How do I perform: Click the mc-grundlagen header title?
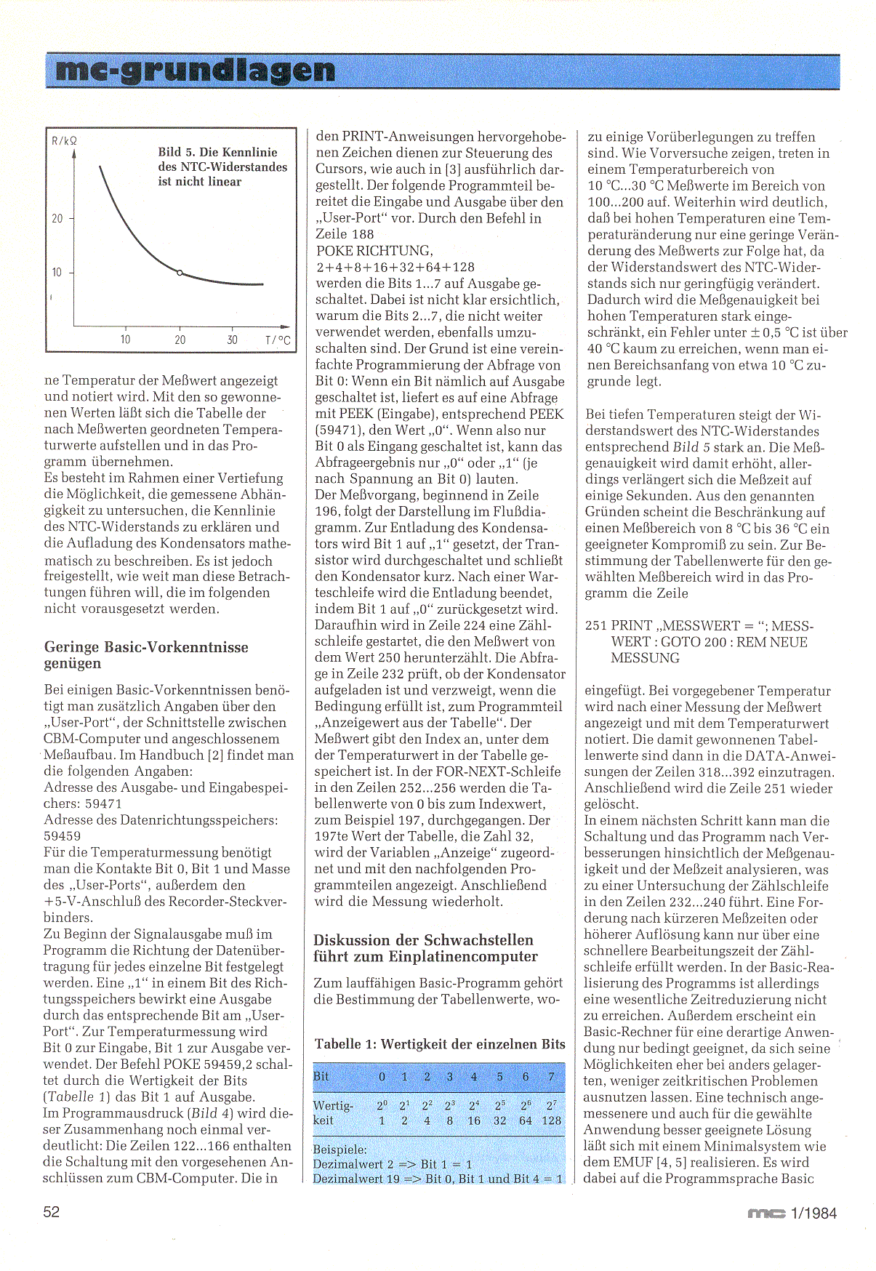195,71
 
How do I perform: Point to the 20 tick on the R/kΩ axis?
57,218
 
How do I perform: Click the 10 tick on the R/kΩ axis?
57,273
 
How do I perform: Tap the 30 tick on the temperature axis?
232,340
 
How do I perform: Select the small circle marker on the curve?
180,273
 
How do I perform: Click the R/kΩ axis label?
64,140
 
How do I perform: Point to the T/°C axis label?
278,340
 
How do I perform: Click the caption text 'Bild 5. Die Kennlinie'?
217,153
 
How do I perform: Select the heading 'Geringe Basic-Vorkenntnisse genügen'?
146,655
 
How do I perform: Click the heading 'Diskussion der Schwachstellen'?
423,940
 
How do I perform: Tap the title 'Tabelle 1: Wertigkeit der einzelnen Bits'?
440,1044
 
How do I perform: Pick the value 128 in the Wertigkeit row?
552,1120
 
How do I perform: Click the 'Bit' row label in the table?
321,1076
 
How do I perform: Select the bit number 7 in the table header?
552,1076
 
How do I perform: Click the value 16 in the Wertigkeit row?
474,1120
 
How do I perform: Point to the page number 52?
52,1212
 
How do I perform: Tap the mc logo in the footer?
766,1213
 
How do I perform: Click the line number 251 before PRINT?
596,626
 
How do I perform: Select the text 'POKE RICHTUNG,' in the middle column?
374,251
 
